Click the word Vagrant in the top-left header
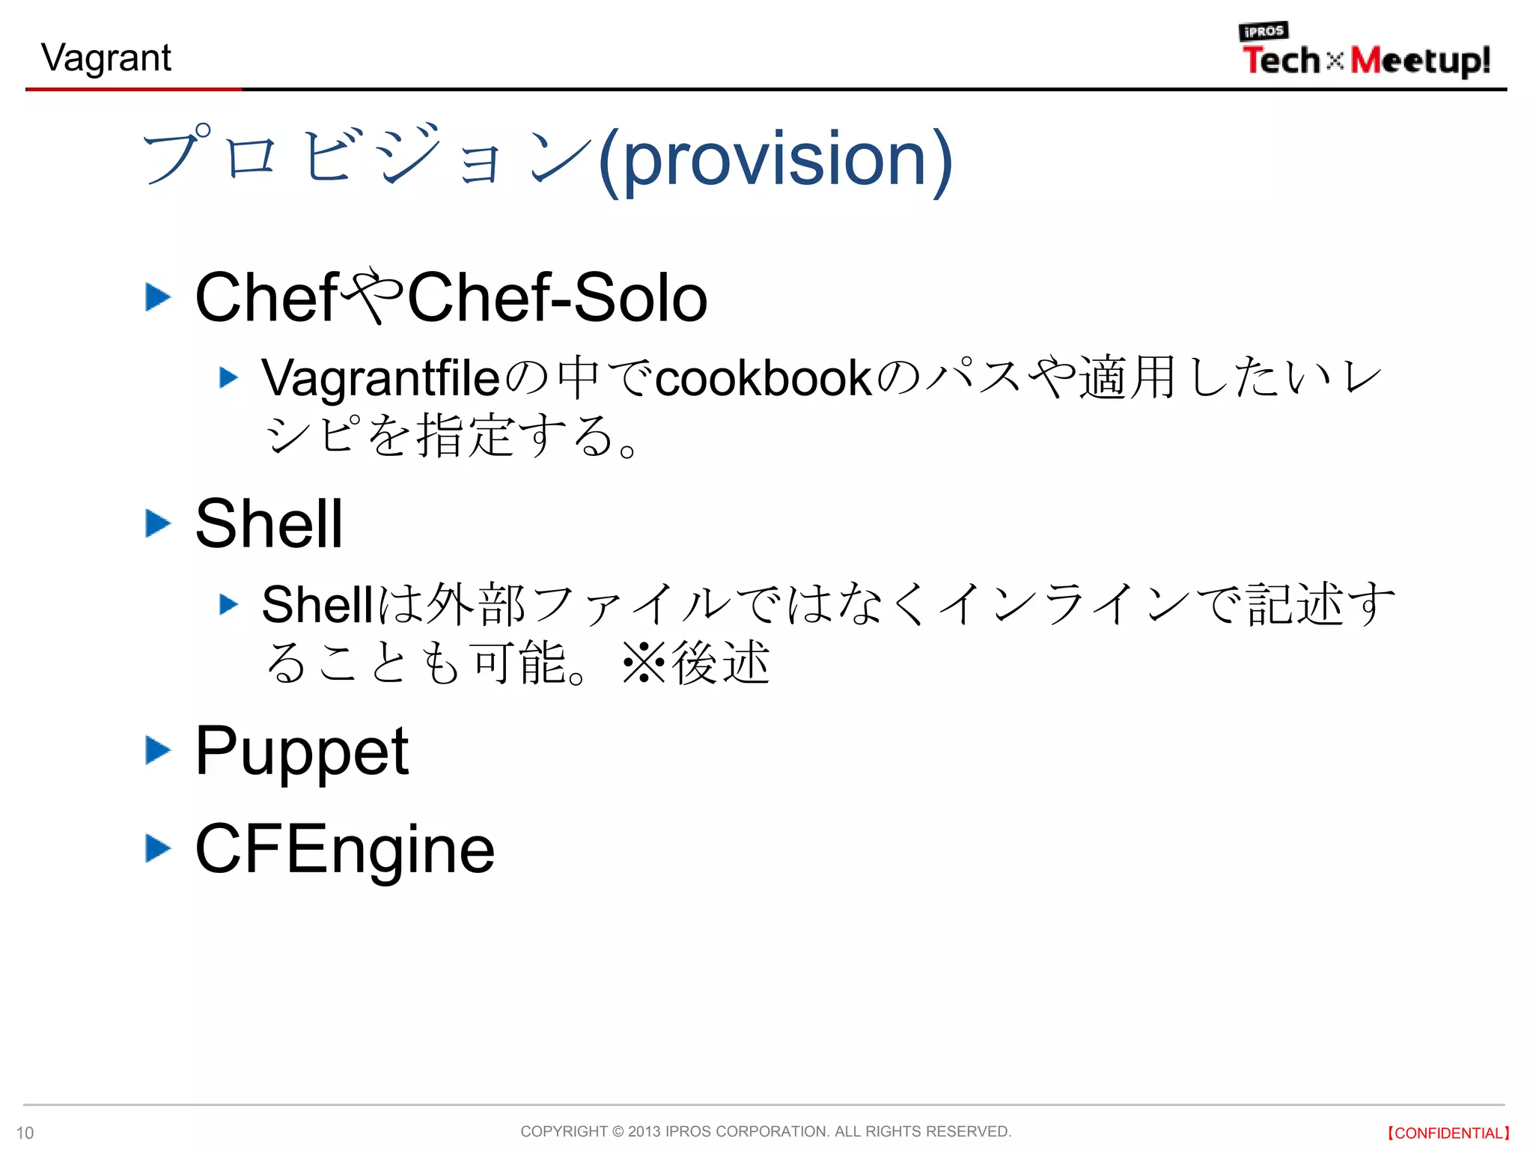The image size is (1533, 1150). [106, 58]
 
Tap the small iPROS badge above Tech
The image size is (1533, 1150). [1264, 31]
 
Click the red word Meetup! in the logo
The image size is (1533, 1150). [1420, 61]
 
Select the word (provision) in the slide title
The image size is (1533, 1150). [775, 159]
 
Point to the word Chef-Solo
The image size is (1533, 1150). [557, 298]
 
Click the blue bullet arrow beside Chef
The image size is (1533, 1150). [157, 297]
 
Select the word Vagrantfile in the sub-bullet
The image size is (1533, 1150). [380, 377]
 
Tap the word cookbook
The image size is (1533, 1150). [764, 377]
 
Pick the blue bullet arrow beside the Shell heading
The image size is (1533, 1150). [157, 523]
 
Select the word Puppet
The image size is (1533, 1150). [301, 751]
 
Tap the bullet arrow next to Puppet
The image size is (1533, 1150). [157, 750]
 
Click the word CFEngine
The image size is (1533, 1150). [344, 850]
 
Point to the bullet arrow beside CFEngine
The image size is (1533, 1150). [157, 848]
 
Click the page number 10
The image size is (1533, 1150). [25, 1133]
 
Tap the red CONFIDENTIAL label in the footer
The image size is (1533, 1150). [1448, 1133]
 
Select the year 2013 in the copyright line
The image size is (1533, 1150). [644, 1131]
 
